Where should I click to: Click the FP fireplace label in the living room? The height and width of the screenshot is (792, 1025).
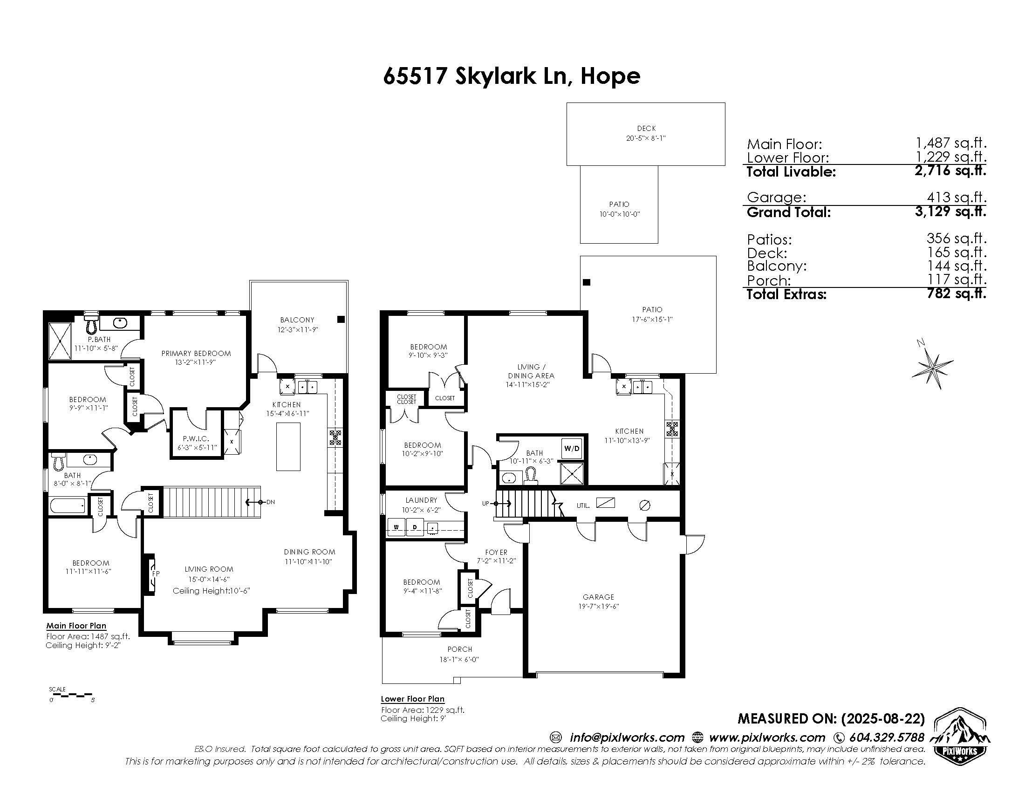point(155,573)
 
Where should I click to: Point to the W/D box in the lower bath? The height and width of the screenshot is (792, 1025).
point(572,449)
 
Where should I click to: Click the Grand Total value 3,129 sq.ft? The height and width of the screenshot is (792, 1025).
point(950,211)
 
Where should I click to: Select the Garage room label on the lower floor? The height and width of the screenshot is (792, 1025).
point(598,597)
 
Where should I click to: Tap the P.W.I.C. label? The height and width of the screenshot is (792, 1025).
point(196,439)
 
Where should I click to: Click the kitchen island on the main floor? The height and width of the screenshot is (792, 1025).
point(288,446)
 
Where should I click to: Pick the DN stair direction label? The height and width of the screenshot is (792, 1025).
point(270,502)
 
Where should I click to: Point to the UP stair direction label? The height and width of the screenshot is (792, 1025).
point(485,504)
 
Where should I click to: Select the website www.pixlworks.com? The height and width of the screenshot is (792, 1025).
point(767,737)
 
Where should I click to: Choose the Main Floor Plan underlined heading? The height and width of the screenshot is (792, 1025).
point(76,625)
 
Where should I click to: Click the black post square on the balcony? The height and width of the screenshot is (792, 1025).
point(341,319)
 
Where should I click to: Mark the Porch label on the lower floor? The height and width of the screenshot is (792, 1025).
point(459,649)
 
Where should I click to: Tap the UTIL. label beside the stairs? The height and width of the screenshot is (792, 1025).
point(583,505)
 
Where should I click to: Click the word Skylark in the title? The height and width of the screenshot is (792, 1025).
point(495,75)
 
